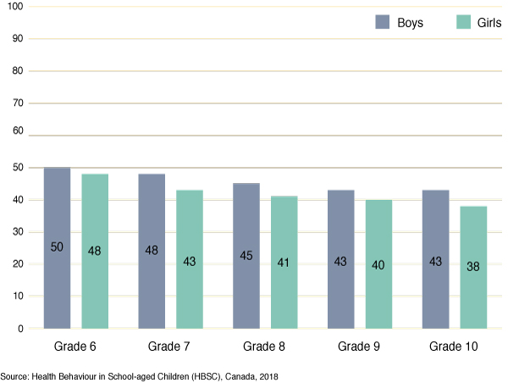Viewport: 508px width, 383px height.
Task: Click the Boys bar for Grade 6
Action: click(x=57, y=247)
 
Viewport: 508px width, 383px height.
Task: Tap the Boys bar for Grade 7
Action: click(x=152, y=251)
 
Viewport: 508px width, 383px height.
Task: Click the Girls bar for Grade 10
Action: click(x=474, y=267)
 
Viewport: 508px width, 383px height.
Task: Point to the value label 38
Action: click(x=474, y=266)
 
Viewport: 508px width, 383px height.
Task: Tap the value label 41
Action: click(x=284, y=263)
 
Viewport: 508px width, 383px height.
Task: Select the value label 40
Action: click(x=379, y=265)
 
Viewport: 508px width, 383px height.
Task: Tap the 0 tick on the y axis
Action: click(x=20, y=328)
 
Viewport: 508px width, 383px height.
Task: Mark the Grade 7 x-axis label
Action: click(x=171, y=347)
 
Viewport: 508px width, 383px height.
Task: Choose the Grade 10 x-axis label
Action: click(x=455, y=347)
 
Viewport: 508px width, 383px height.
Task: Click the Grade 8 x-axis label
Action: click(x=265, y=347)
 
